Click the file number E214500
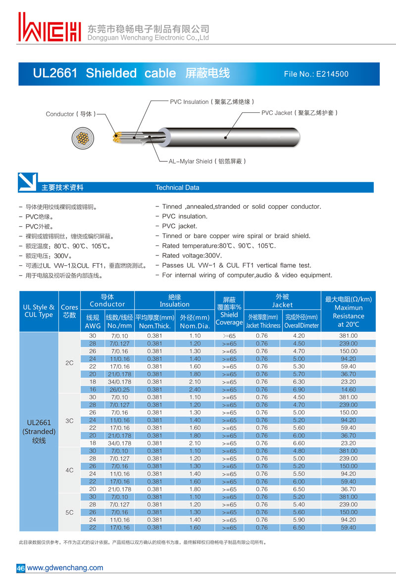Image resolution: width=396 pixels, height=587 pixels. click(x=316, y=74)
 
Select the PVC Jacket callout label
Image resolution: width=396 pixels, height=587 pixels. click(x=299, y=113)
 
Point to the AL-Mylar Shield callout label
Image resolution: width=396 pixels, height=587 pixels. click(x=207, y=161)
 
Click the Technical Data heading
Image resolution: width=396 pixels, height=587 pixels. click(x=177, y=188)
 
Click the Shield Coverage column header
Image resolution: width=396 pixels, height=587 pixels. click(x=229, y=311)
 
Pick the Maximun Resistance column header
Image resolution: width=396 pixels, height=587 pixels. click(x=348, y=312)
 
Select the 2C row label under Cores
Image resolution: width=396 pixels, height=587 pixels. click(x=69, y=363)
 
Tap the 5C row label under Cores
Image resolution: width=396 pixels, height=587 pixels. click(x=69, y=513)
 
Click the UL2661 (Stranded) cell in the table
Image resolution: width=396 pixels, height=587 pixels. click(x=39, y=431)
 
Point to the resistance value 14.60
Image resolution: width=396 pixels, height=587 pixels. click(x=348, y=390)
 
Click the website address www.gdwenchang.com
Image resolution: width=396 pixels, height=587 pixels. click(x=65, y=568)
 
